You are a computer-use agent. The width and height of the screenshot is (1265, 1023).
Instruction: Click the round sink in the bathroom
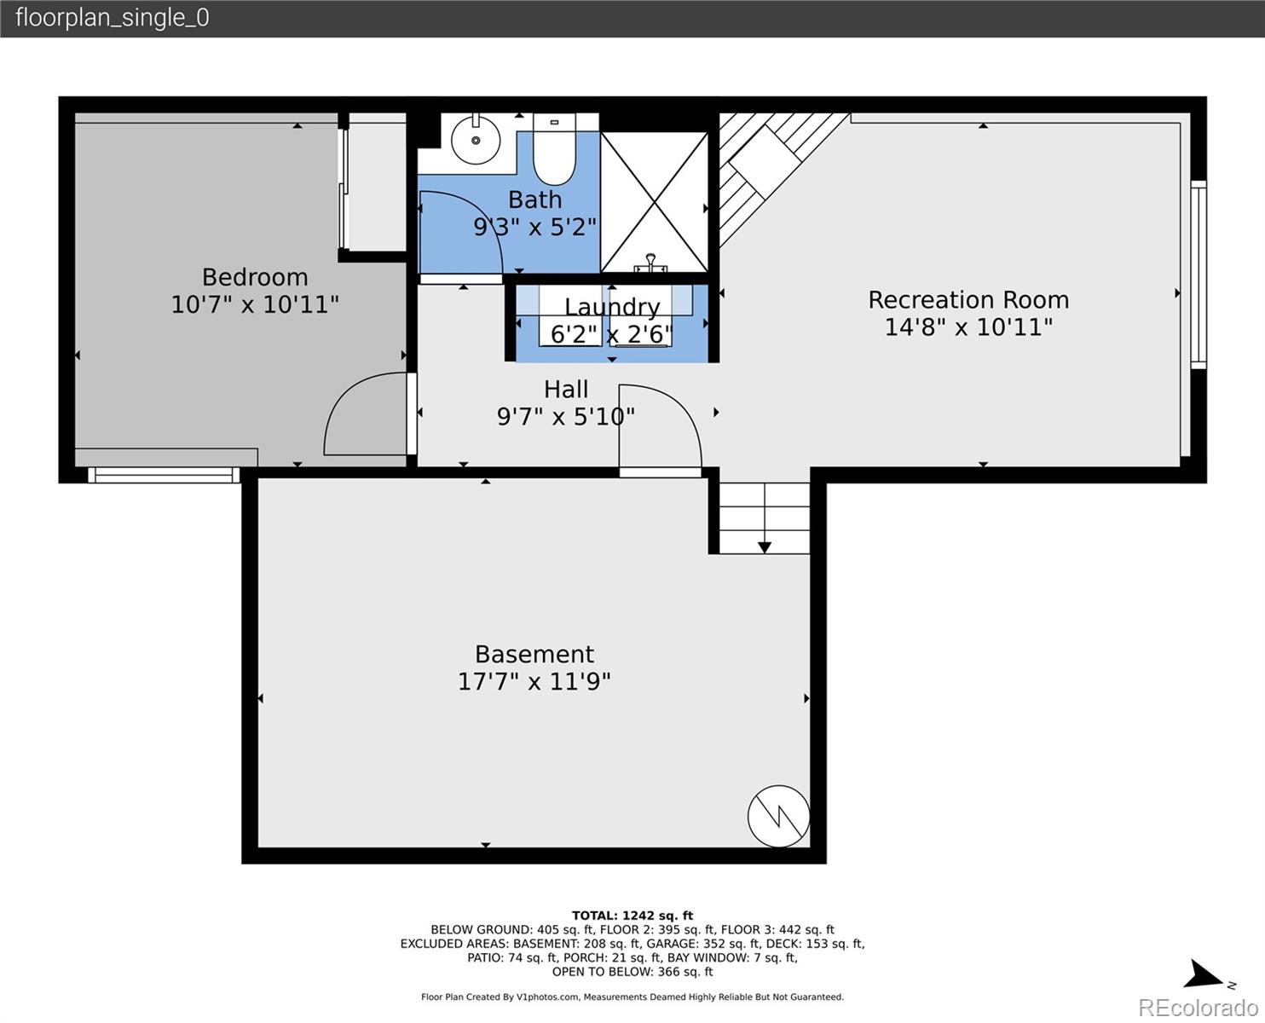pos(475,140)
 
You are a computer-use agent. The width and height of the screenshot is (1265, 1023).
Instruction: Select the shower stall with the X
pos(654,202)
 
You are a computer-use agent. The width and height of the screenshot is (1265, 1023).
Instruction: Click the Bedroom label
pos(255,277)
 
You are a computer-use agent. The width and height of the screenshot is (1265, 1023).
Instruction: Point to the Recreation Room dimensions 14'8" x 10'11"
pos(968,327)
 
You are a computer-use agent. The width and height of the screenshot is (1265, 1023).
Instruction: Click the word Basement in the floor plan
pos(534,654)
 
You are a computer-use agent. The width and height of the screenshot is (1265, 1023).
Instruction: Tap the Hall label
pos(566,390)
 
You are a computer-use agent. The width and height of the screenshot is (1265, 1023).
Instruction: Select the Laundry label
pos(612,307)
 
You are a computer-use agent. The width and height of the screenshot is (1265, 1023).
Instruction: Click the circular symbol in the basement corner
pos(778,816)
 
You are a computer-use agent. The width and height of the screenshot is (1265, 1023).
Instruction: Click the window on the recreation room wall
pos(1199,275)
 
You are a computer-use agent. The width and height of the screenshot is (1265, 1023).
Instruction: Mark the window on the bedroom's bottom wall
pos(164,475)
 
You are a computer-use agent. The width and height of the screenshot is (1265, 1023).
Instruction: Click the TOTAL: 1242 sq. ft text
pos(632,916)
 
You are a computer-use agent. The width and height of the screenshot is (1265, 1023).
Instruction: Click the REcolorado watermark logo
pos(1199,1008)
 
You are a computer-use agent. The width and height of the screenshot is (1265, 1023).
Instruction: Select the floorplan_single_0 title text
pos(113,18)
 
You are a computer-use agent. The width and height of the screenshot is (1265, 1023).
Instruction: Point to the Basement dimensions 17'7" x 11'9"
pos(534,682)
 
